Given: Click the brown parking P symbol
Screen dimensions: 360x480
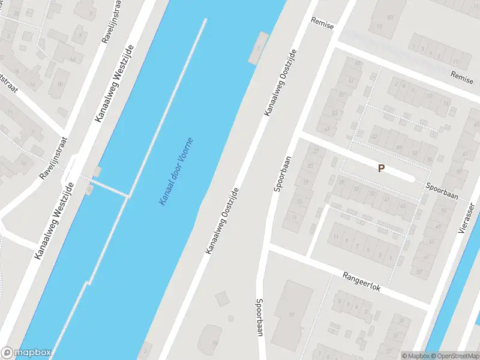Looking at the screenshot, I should pos(381,169).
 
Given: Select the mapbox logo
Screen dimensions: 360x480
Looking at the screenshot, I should pos(26,353).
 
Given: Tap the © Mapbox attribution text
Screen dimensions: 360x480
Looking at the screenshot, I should pos(416,356).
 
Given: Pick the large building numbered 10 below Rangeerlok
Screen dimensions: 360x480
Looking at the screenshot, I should pos(292,313).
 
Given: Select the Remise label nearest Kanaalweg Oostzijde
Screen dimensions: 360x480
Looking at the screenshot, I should pos(322,22).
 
